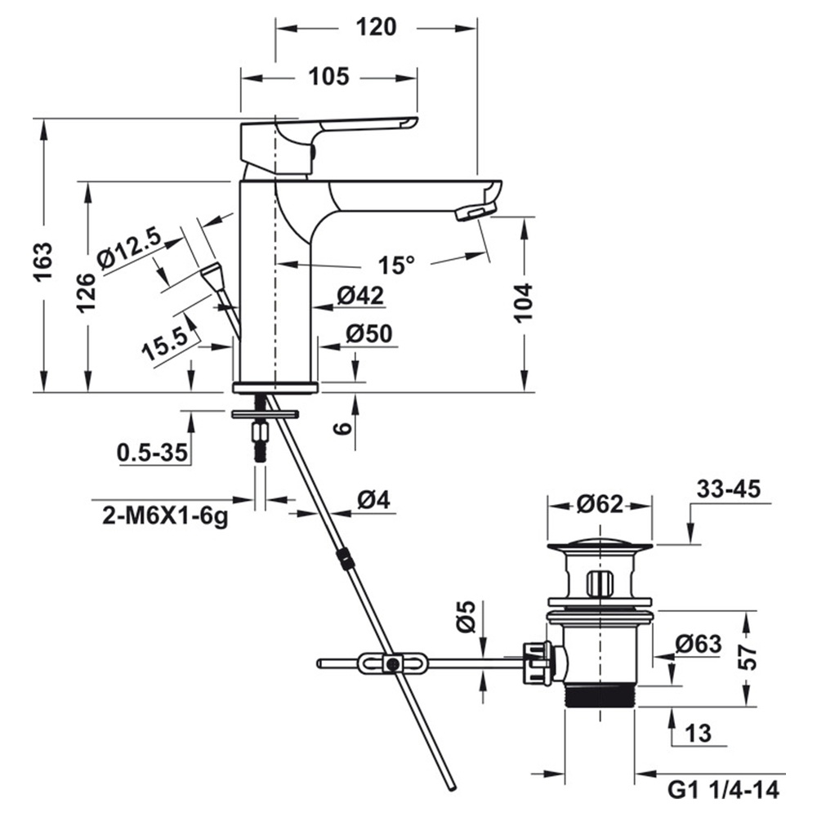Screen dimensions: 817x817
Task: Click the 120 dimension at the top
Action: (376, 27)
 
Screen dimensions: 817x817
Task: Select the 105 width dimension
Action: (328, 77)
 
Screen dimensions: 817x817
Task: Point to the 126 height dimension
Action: (87, 292)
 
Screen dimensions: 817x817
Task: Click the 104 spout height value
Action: (523, 302)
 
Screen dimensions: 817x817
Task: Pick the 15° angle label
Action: (396, 266)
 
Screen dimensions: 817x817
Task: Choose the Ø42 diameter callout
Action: (359, 297)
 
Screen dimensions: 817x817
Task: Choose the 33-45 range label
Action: (729, 489)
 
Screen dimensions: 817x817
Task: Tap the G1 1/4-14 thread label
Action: (723, 790)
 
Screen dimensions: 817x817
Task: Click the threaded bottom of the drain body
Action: (600, 696)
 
